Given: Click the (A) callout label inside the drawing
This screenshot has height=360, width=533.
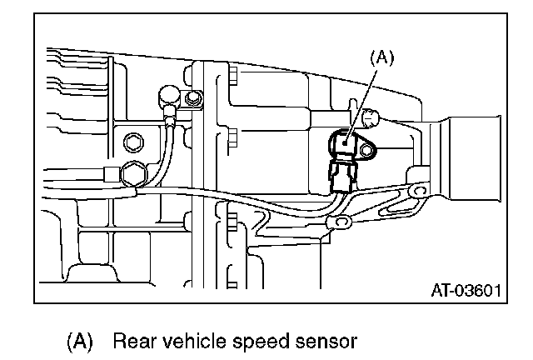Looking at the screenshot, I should [x=381, y=58].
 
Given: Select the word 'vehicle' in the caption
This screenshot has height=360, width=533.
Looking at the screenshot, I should [x=188, y=341].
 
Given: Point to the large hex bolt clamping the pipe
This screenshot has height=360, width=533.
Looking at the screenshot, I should [x=132, y=174].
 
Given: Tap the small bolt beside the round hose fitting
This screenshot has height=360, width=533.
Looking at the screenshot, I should [x=194, y=99].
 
